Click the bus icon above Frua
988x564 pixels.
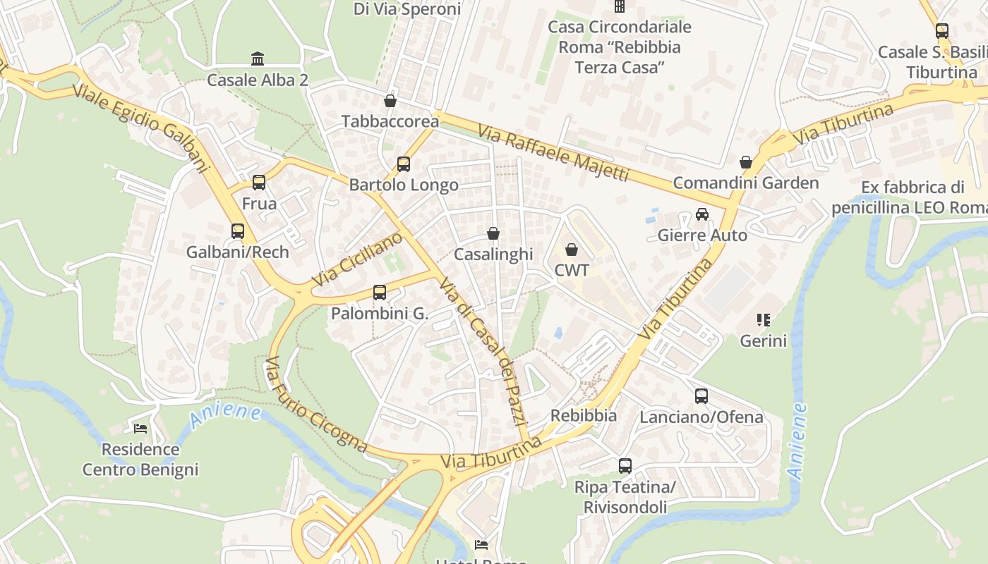click(x=259, y=183)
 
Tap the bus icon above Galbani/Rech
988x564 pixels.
click(x=238, y=231)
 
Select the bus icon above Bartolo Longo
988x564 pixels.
click(x=404, y=164)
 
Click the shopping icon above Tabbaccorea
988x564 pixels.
click(x=390, y=100)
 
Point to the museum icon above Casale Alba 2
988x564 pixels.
click(x=258, y=59)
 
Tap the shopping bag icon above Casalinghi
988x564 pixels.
click(x=493, y=233)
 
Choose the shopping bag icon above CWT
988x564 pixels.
click(x=572, y=250)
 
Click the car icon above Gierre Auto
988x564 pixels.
click(x=702, y=214)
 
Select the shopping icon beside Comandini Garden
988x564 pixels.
click(x=746, y=162)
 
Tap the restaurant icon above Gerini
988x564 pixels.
click(x=763, y=320)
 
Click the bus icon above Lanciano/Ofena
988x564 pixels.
click(x=701, y=396)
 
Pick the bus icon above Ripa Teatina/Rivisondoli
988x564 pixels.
click(x=625, y=465)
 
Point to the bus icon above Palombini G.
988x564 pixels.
click(x=380, y=292)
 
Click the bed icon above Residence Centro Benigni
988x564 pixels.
click(x=140, y=428)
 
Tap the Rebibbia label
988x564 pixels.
click(x=584, y=415)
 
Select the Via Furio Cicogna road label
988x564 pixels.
click(x=315, y=405)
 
